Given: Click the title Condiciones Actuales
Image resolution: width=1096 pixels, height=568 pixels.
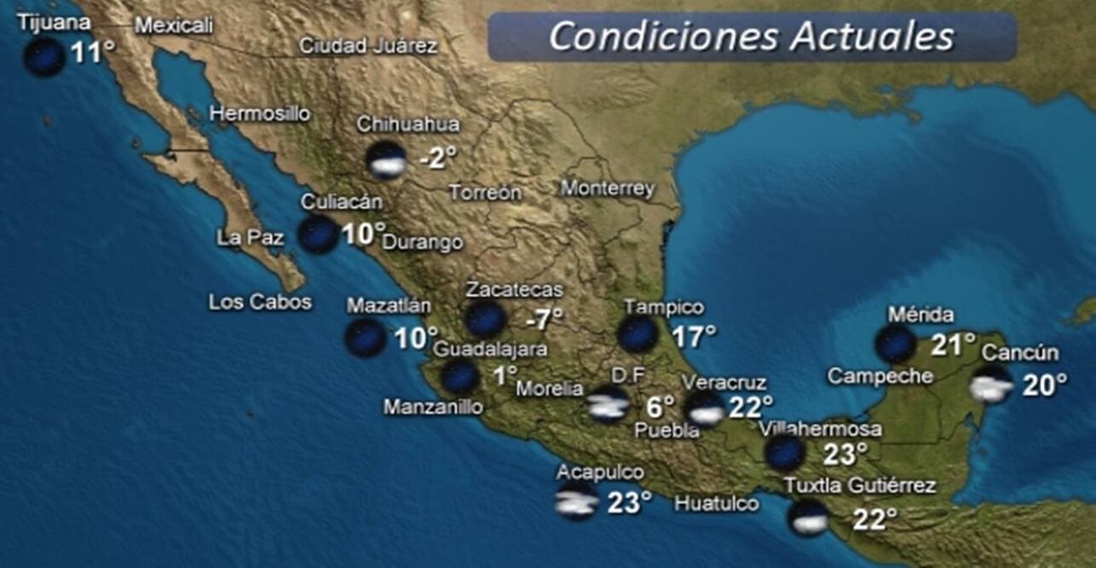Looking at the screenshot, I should (x=751, y=36).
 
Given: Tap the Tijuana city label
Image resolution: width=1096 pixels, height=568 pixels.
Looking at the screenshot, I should (x=53, y=22).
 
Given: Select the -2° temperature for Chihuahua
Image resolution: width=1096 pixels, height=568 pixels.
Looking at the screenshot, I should (x=437, y=157).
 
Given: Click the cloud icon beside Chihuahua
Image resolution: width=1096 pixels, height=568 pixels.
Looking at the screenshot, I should (x=387, y=160).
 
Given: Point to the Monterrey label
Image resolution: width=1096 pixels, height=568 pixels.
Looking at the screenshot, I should (x=608, y=188).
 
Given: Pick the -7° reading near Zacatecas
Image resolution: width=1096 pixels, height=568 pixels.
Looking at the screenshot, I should (x=544, y=320).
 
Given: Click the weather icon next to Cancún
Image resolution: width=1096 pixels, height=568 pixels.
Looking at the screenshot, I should (x=992, y=385).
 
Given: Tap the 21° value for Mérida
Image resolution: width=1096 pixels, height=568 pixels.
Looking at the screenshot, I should (x=952, y=345).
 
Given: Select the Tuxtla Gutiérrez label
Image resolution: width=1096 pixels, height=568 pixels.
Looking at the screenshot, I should (x=860, y=485).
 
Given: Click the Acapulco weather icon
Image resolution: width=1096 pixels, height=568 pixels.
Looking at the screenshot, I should (x=576, y=502).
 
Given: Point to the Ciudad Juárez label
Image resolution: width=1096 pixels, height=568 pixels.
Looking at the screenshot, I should (x=368, y=46).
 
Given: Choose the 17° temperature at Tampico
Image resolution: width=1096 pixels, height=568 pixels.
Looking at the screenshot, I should (x=694, y=336).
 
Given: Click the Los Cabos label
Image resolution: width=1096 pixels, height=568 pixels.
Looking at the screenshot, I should (x=260, y=302).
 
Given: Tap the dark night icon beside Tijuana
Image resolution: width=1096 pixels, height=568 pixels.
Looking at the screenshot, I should (x=43, y=56).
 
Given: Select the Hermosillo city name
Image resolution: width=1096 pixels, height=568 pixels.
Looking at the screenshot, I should (x=260, y=113).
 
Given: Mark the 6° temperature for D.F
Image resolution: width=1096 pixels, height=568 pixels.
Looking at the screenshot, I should (x=660, y=407).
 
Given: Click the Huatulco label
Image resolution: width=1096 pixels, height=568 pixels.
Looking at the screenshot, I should (x=716, y=503).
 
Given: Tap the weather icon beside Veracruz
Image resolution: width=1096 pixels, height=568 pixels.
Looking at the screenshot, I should (x=705, y=409).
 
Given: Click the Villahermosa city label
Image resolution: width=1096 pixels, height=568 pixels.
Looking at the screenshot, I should (x=820, y=428).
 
